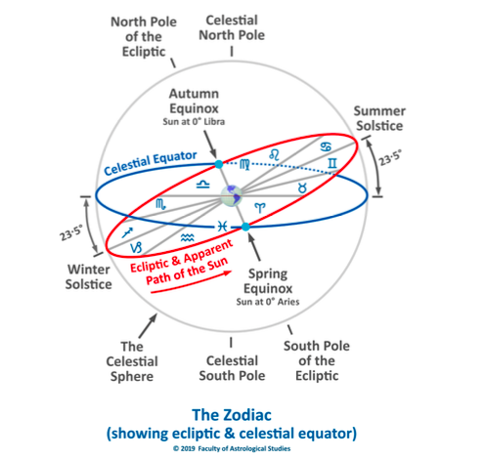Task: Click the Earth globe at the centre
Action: click(231, 196)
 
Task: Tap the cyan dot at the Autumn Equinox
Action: click(219, 164)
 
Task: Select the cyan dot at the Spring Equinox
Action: click(245, 227)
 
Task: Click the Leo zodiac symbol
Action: click(274, 154)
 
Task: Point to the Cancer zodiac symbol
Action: click(326, 146)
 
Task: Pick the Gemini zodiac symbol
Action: click(332, 163)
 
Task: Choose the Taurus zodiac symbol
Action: click(302, 188)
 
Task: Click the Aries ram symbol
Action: click(260, 208)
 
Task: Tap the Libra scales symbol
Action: click(202, 185)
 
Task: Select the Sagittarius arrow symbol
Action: click(127, 232)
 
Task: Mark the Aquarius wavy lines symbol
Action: click(188, 238)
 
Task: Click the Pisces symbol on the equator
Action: click(223, 226)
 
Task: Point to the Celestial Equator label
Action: click(151, 162)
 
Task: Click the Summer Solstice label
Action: click(379, 118)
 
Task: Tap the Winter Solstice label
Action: click(88, 276)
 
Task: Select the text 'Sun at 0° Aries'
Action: click(268, 302)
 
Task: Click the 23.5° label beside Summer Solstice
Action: click(390, 158)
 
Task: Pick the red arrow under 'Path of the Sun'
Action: click(192, 282)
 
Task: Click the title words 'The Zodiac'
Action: click(232, 415)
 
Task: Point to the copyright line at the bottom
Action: click(232, 448)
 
